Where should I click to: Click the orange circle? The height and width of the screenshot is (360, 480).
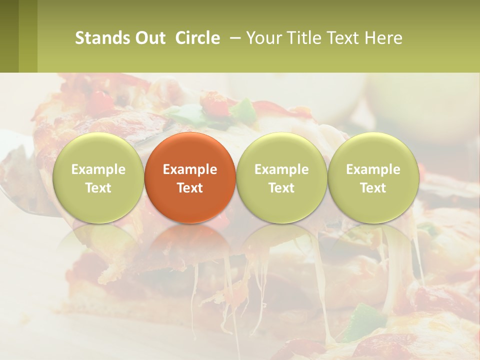pos(190,177)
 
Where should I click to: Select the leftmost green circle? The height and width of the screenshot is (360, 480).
pos(98,177)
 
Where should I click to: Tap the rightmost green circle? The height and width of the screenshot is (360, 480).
pos(373,177)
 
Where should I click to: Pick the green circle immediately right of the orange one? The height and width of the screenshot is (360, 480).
pos(281,177)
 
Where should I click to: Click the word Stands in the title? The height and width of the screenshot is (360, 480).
pos(102,38)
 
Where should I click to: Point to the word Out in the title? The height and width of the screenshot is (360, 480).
pos(150,38)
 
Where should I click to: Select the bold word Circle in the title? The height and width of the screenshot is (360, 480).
pos(197,38)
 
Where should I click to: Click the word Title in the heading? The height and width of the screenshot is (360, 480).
pos(304,38)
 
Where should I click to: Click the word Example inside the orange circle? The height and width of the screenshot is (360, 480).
pos(190,169)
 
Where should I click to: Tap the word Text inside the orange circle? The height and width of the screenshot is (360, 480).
pos(190,188)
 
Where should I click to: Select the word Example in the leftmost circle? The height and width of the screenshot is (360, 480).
pos(98,169)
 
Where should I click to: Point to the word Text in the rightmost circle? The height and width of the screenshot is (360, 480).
pos(373,188)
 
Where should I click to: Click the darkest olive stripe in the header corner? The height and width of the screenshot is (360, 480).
pos(9,36)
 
